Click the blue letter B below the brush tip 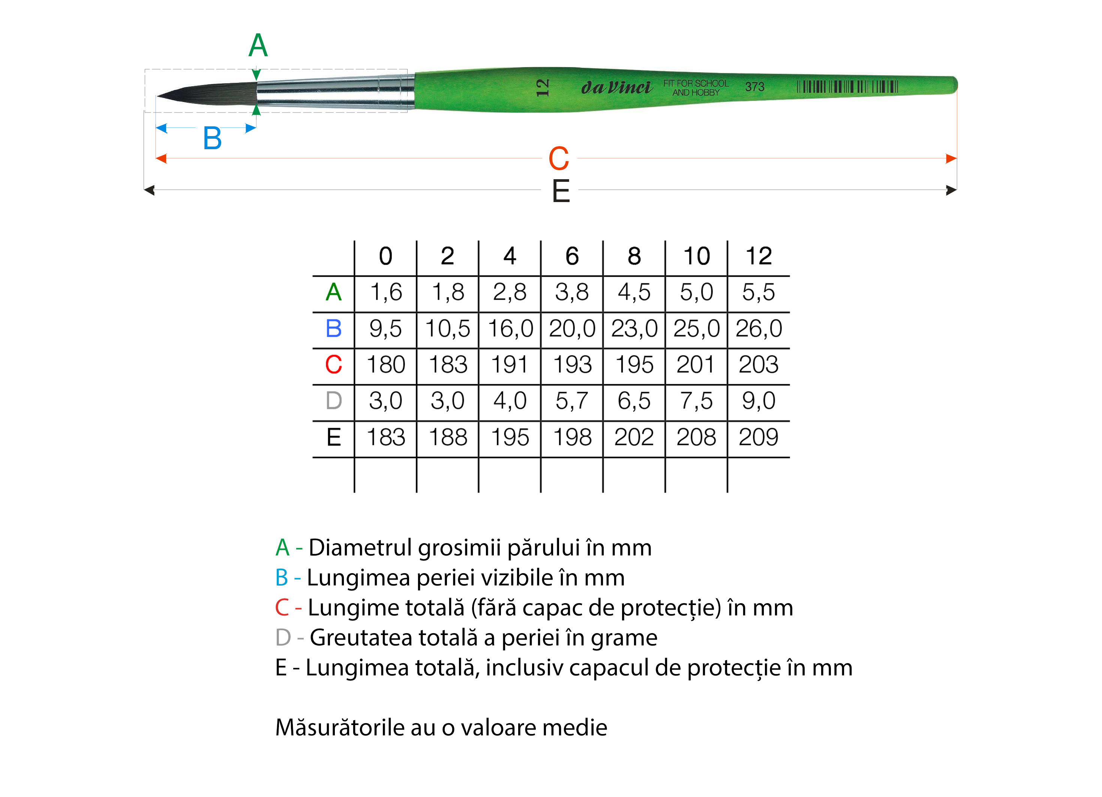(x=212, y=138)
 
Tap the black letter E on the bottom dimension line (x=561, y=190)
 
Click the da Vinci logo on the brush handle (x=616, y=87)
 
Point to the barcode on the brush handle (x=847, y=87)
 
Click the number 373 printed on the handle (x=754, y=87)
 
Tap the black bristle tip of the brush (x=207, y=93)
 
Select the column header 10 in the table (x=696, y=256)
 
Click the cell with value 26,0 (x=759, y=328)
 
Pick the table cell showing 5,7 (x=572, y=401)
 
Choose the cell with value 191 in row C (x=509, y=364)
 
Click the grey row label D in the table (x=334, y=401)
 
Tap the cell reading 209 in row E (x=759, y=437)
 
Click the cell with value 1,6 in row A (x=386, y=292)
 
